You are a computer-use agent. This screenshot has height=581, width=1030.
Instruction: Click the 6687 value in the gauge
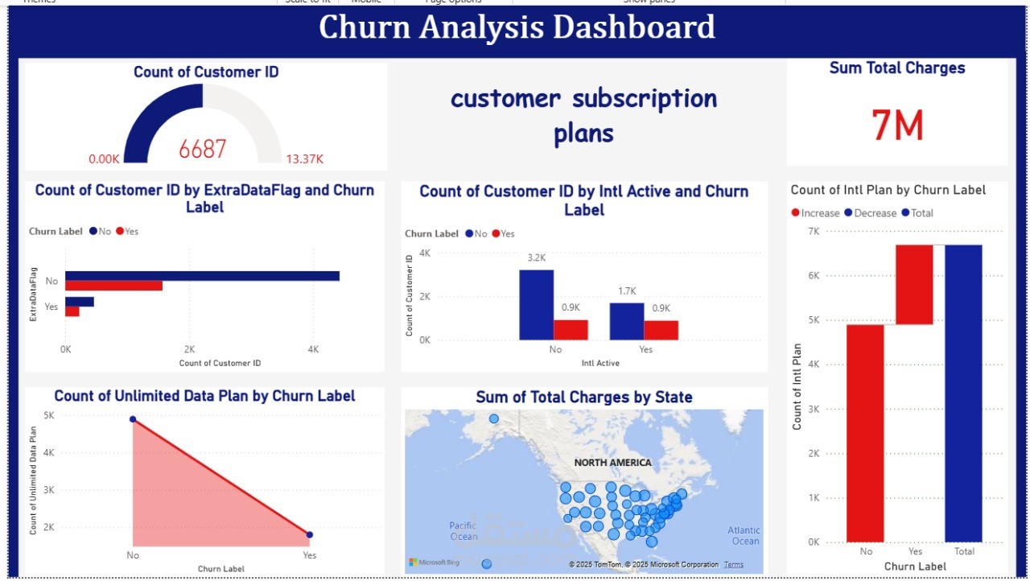[x=203, y=149]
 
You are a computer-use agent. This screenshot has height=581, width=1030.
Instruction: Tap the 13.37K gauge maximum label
[x=305, y=159]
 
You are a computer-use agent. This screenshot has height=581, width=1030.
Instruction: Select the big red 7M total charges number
[x=897, y=126]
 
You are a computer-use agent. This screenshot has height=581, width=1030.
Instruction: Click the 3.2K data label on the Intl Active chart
[x=537, y=258]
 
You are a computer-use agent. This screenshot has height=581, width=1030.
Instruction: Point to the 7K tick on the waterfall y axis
[x=814, y=231]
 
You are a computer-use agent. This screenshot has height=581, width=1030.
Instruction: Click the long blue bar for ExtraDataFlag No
[x=202, y=276]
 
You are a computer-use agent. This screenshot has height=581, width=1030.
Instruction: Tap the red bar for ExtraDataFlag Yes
[x=72, y=311]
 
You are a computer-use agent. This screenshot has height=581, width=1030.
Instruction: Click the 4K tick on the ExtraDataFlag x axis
[x=313, y=350]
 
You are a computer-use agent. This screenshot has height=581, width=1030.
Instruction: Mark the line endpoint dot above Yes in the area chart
[x=310, y=534]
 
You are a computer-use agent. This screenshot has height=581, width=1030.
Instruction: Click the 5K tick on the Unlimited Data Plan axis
[x=49, y=416]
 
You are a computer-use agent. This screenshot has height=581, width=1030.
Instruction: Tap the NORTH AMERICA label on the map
[x=612, y=463]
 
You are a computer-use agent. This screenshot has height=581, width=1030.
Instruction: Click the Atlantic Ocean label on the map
[x=744, y=535]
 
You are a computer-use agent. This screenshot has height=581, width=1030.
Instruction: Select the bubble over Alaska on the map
[x=494, y=418]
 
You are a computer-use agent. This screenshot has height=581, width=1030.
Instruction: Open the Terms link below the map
[x=734, y=565]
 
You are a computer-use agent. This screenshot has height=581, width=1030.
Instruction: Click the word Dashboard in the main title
[x=621, y=27]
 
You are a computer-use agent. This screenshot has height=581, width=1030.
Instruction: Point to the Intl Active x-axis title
[x=600, y=364]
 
